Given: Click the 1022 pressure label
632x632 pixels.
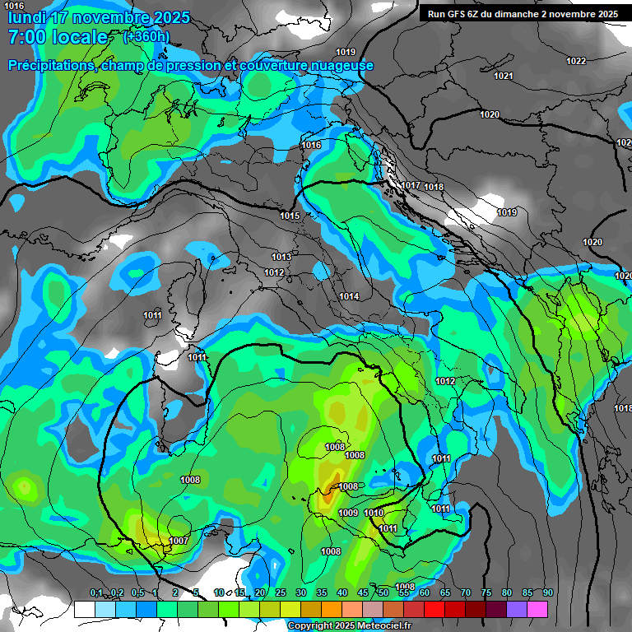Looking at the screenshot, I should tap(576, 61).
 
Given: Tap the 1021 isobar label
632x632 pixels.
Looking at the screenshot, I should tap(504, 76).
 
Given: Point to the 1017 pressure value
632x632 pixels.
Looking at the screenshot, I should tap(411, 185).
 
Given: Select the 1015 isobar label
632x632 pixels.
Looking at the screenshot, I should tap(290, 216).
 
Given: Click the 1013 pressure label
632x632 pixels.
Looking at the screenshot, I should tap(281, 257).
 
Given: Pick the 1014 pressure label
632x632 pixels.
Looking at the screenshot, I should tap(349, 296).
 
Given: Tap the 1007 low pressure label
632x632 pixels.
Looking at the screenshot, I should tap(179, 541).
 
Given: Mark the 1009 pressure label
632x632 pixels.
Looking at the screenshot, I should tap(348, 513).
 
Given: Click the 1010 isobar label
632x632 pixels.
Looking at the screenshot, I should tap(374, 513).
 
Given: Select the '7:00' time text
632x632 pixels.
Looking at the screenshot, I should tap(26, 37).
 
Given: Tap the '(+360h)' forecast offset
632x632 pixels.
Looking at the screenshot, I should tap(146, 36).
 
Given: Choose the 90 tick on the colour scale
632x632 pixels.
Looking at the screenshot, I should tap(547, 593).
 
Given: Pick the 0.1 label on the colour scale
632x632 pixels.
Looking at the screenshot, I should tap(96, 593).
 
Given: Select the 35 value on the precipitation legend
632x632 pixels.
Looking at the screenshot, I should tap(322, 593).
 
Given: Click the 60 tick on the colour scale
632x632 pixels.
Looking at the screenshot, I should tap(425, 593).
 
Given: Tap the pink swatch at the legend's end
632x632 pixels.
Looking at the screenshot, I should tap(537, 609).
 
